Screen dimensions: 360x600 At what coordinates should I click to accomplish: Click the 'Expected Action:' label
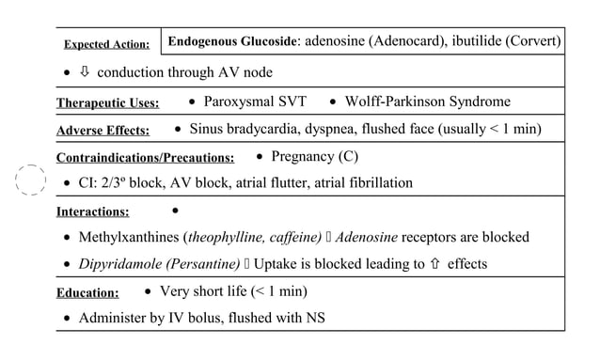click(x=106, y=44)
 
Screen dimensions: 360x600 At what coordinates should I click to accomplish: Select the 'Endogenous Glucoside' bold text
click(x=231, y=41)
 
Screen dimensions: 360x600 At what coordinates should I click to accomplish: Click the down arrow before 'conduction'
click(x=85, y=72)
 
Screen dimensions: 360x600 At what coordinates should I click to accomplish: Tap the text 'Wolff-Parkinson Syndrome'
click(x=428, y=102)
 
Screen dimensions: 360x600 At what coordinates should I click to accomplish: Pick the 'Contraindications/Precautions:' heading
click(x=145, y=158)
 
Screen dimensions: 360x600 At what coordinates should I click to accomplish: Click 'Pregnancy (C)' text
click(x=314, y=156)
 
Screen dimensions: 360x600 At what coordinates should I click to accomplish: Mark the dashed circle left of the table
click(x=31, y=179)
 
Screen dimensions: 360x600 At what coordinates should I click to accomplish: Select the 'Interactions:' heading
click(x=92, y=212)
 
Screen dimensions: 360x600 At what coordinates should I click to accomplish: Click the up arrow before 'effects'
click(x=436, y=264)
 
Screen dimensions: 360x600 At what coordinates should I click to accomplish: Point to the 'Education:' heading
click(x=87, y=293)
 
